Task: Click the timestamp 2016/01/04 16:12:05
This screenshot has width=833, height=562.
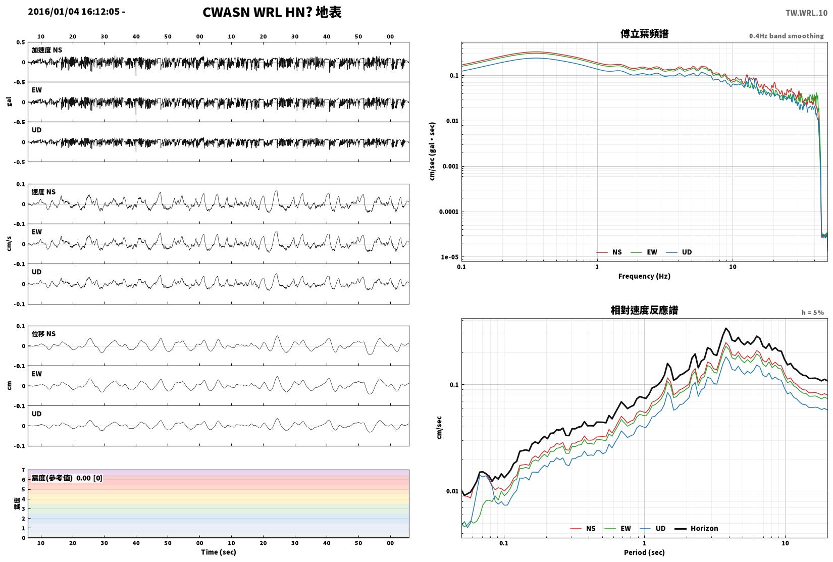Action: pyautogui.click(x=74, y=12)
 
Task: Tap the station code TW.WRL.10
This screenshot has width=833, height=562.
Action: pyautogui.click(x=806, y=13)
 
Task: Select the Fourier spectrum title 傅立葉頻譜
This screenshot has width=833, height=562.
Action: pyautogui.click(x=644, y=34)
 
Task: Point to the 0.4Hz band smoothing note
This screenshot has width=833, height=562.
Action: pyautogui.click(x=786, y=36)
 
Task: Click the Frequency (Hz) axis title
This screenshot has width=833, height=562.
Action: pyautogui.click(x=644, y=276)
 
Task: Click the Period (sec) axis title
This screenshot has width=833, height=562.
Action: pyautogui.click(x=644, y=552)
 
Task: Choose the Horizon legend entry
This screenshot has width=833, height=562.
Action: pyautogui.click(x=697, y=529)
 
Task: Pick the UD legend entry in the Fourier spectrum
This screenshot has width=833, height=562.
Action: pyautogui.click(x=679, y=252)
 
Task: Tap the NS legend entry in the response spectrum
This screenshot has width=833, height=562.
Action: pyautogui.click(x=583, y=529)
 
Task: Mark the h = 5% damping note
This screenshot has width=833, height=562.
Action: pyautogui.click(x=812, y=313)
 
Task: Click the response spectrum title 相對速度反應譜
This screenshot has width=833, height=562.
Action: pyautogui.click(x=644, y=310)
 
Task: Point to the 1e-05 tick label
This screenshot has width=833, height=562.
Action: pyautogui.click(x=449, y=257)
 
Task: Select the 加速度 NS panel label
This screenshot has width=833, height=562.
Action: pyautogui.click(x=47, y=50)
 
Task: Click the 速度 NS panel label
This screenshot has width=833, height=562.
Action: pyautogui.click(x=43, y=192)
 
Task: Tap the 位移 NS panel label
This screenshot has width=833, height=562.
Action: pyautogui.click(x=43, y=334)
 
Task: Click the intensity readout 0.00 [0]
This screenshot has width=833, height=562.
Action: pyautogui.click(x=89, y=478)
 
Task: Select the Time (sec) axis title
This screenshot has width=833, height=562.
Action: pyautogui.click(x=219, y=552)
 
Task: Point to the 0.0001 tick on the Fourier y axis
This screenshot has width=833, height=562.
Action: pyautogui.click(x=448, y=212)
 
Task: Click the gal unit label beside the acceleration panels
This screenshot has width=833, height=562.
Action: pyautogui.click(x=9, y=101)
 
